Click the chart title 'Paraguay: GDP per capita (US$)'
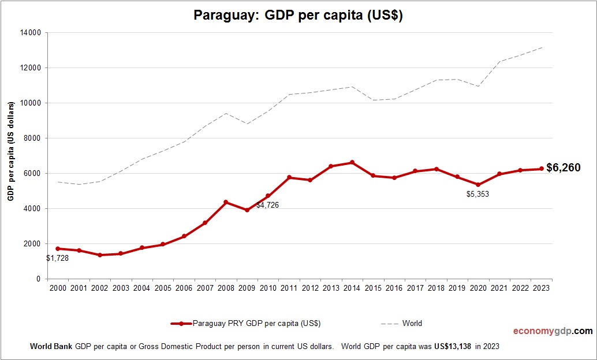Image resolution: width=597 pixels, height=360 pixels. coord(298,16)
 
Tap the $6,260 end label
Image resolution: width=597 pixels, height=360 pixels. coord(564,168)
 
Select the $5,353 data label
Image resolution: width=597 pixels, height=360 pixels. coord(477,194)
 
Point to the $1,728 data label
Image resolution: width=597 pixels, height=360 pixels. coord(57,258)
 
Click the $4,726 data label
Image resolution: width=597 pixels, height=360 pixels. coord(267,205)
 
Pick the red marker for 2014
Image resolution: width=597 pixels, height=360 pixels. coord(352,163)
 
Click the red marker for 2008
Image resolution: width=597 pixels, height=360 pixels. coord(226,202)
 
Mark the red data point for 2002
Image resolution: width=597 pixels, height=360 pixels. coord(99,255)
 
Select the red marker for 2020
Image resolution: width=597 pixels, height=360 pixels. coord(479,185)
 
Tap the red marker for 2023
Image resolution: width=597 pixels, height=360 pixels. coord(542,169)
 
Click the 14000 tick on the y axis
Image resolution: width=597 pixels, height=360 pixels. coord(30,33)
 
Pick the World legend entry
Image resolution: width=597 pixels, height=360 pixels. coord(412,324)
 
